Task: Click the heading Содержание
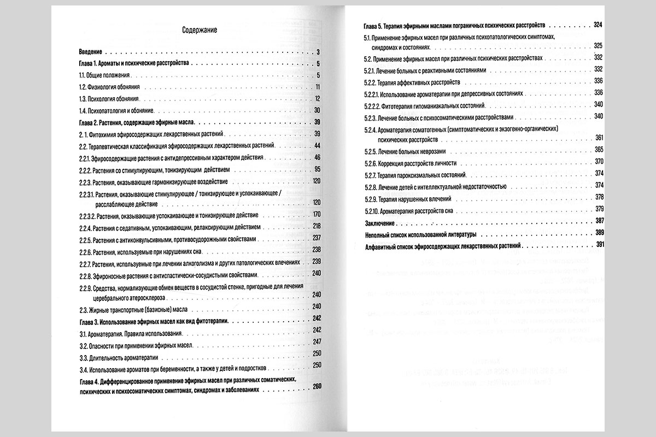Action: point(199,31)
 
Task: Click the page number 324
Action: point(597,25)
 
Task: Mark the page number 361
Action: point(598,138)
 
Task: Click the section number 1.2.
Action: point(83,87)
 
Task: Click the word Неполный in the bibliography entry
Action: point(378,234)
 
